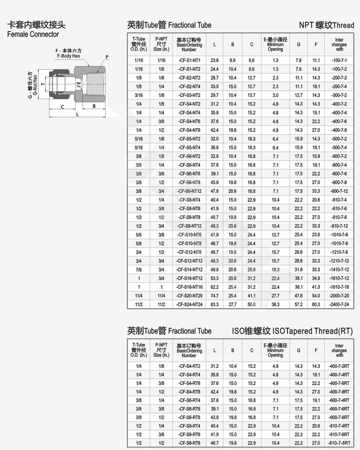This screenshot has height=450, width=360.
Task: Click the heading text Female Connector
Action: (x=32, y=35)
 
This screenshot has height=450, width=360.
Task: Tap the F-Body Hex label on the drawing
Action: (x=68, y=56)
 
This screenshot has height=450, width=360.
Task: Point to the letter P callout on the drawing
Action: (x=106, y=58)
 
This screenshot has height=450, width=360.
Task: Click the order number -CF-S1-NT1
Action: (x=189, y=60)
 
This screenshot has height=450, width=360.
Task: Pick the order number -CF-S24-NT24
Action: (x=189, y=304)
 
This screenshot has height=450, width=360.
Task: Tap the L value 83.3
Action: (x=214, y=304)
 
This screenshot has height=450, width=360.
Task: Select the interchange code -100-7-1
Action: (x=339, y=60)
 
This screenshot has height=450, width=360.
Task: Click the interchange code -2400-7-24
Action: (x=339, y=304)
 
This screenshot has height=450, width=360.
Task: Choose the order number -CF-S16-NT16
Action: (x=189, y=287)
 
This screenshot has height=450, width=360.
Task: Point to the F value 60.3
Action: (x=316, y=304)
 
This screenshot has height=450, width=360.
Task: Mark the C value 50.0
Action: (x=251, y=304)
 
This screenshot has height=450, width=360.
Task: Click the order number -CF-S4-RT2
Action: (x=189, y=366)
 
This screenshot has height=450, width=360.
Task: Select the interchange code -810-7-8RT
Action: (x=339, y=443)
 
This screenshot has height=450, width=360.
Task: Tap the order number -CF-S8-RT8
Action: (x=189, y=443)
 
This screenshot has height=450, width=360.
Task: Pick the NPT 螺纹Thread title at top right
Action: (x=326, y=25)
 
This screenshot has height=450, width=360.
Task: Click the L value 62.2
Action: (x=214, y=287)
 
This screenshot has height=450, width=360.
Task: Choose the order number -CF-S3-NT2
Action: (x=189, y=95)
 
